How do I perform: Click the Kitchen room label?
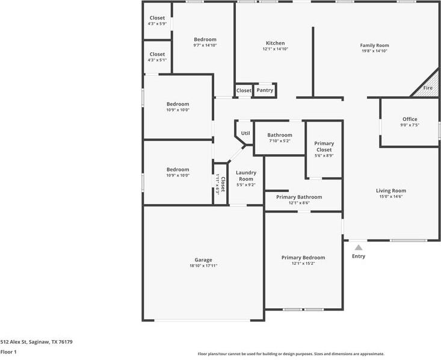point(275,43)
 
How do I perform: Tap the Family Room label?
point(374,45)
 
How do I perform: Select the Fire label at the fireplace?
point(428,88)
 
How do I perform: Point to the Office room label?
point(410,119)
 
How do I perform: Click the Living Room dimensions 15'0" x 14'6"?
point(391,197)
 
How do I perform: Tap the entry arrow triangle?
point(359,247)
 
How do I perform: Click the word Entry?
point(359,256)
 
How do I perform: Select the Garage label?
point(203,260)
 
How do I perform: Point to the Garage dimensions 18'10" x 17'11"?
point(203,265)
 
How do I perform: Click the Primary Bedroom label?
point(303,258)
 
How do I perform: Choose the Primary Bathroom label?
point(299,197)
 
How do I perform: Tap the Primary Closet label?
point(324,146)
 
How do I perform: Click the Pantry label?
point(265,90)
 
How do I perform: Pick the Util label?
point(245,133)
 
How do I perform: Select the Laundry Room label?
point(245,176)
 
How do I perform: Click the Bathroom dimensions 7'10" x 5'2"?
point(279,141)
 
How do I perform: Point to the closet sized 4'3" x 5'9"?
point(157,20)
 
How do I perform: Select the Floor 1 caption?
point(8,352)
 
